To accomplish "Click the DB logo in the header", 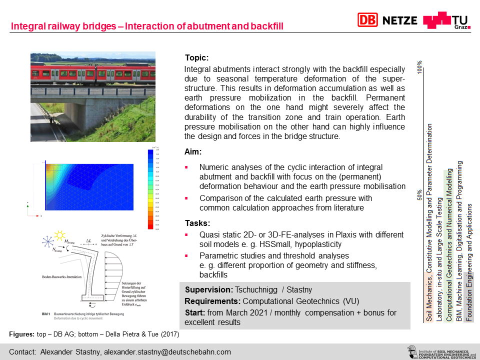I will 367,20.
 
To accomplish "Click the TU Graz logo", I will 446,20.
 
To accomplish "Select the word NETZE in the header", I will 400,20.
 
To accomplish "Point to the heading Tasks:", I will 197,223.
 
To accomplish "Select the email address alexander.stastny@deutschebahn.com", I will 167,352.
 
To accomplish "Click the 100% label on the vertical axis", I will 420,66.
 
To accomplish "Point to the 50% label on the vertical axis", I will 420,194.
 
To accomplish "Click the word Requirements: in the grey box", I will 212,301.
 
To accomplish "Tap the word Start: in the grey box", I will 195,312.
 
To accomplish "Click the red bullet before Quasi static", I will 186,235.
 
